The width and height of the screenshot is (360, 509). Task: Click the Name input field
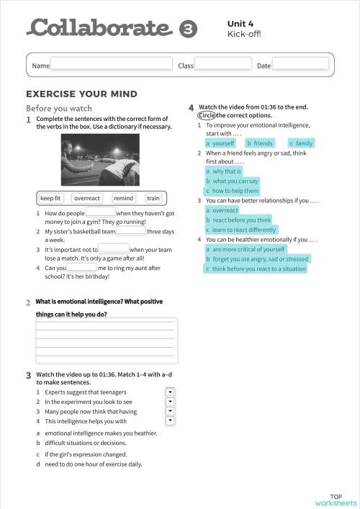click(112, 65)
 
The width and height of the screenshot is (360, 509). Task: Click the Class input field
click(222, 65)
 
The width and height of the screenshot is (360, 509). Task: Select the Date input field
click(300, 65)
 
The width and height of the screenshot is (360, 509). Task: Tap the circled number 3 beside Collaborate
click(187, 30)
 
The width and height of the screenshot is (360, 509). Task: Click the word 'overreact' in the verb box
click(87, 198)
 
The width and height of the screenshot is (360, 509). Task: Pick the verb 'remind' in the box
click(123, 198)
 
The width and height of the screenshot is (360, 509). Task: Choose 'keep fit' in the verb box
click(51, 198)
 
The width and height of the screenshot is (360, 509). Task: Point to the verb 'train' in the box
click(153, 198)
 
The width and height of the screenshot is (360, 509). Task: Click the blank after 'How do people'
click(101, 212)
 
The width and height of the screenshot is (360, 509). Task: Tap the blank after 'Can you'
click(81, 267)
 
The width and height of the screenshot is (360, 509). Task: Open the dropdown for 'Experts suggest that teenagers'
click(171, 392)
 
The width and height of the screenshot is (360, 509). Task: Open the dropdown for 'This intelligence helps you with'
click(171, 420)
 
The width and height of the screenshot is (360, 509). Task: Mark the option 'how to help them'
click(233, 191)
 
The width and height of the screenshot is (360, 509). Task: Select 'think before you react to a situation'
click(256, 269)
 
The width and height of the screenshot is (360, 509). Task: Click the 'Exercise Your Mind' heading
click(81, 94)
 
